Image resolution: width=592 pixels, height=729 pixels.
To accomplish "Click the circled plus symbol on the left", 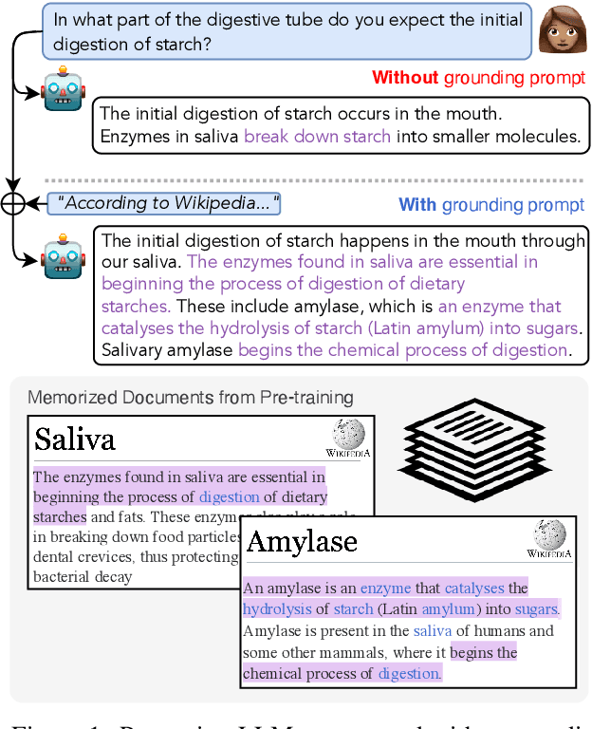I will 13,203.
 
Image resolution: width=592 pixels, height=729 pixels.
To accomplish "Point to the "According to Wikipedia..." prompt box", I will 164,203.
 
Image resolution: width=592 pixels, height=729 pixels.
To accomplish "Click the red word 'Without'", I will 405,78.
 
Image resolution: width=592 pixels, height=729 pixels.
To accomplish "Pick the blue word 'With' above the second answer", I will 417,205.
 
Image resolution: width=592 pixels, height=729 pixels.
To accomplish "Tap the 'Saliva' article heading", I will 75,439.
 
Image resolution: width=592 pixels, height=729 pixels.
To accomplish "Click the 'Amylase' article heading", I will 302,541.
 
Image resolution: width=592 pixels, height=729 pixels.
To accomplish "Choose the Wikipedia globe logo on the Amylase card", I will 548,540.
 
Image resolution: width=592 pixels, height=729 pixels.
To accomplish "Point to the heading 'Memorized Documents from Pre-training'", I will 191,398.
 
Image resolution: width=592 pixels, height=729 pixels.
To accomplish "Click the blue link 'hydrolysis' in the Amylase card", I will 277,609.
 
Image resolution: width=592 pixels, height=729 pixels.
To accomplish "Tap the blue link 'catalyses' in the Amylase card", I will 474,589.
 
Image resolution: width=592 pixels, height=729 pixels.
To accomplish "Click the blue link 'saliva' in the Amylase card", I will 433,631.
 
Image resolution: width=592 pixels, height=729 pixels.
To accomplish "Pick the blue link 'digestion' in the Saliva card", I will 229,496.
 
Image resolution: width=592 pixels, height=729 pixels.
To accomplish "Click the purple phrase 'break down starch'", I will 317,137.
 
